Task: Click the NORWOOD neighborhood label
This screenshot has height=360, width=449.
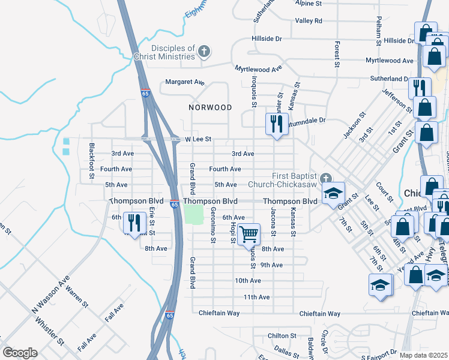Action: (210, 107)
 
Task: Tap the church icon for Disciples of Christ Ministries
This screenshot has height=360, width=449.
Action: (204, 52)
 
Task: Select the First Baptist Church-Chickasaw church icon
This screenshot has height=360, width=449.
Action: (325, 178)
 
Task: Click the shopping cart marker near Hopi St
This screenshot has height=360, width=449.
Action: (249, 233)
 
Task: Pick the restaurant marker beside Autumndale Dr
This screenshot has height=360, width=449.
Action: (276, 124)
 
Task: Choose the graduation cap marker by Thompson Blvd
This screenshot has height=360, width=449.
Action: (333, 193)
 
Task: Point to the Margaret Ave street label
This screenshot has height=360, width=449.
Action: (185, 82)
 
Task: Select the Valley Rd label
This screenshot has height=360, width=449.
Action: (309, 20)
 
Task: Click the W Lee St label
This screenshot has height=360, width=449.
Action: (198, 139)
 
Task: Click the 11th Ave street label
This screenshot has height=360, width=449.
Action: (256, 297)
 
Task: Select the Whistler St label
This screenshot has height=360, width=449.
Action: (50, 332)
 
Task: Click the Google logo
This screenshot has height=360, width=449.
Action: (20, 353)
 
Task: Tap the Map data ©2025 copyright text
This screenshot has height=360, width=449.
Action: (423, 355)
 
